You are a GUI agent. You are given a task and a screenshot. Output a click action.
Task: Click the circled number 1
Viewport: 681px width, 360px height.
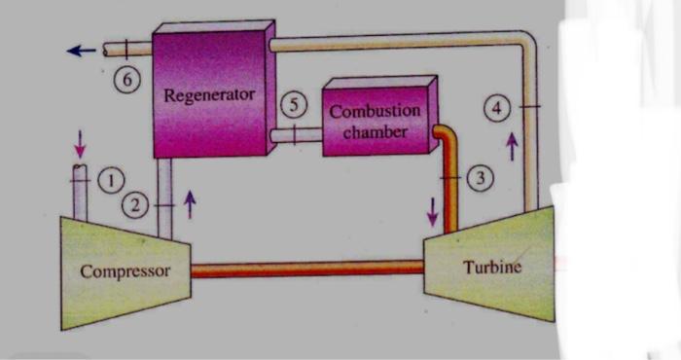coord(113,180)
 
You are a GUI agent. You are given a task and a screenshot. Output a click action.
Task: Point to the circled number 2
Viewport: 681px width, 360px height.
coord(136,205)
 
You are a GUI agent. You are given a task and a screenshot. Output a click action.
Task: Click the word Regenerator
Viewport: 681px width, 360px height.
coord(209,95)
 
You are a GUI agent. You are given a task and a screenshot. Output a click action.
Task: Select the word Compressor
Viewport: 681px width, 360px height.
coord(125,270)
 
